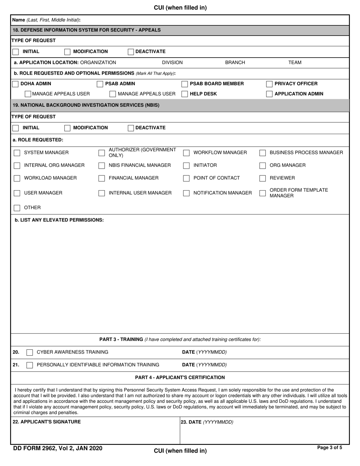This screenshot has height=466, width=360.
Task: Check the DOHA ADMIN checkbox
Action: point(16,84)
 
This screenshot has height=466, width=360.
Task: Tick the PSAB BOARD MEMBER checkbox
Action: point(185,84)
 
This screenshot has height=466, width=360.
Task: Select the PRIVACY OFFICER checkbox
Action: point(269,84)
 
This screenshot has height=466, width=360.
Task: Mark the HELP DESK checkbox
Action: point(185,94)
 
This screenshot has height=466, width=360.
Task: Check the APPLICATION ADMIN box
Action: point(269,94)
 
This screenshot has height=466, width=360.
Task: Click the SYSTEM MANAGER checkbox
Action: point(17,153)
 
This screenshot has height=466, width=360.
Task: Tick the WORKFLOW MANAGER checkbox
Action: point(186,153)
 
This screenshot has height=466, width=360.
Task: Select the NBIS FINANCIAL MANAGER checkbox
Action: point(102,166)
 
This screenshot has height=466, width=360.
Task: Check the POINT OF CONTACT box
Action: point(186,178)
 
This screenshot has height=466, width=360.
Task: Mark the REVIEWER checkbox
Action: point(263,178)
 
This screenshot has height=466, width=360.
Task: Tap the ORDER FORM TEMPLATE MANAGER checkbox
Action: point(263,193)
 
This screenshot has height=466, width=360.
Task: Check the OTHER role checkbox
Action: point(17,208)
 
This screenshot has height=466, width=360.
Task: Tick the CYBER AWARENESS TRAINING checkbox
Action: point(30,352)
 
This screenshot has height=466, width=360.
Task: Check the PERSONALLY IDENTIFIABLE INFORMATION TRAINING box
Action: point(30,365)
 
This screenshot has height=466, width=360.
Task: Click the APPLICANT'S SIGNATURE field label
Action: point(47,422)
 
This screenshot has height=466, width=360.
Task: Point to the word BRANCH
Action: point(235,63)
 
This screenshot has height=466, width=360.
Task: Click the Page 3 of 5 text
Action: point(329,448)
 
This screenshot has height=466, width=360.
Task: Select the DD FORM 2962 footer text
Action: point(58,449)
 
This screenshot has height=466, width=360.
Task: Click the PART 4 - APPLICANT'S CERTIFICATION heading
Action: point(180,377)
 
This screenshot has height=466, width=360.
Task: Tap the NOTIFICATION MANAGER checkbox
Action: point(186,193)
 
